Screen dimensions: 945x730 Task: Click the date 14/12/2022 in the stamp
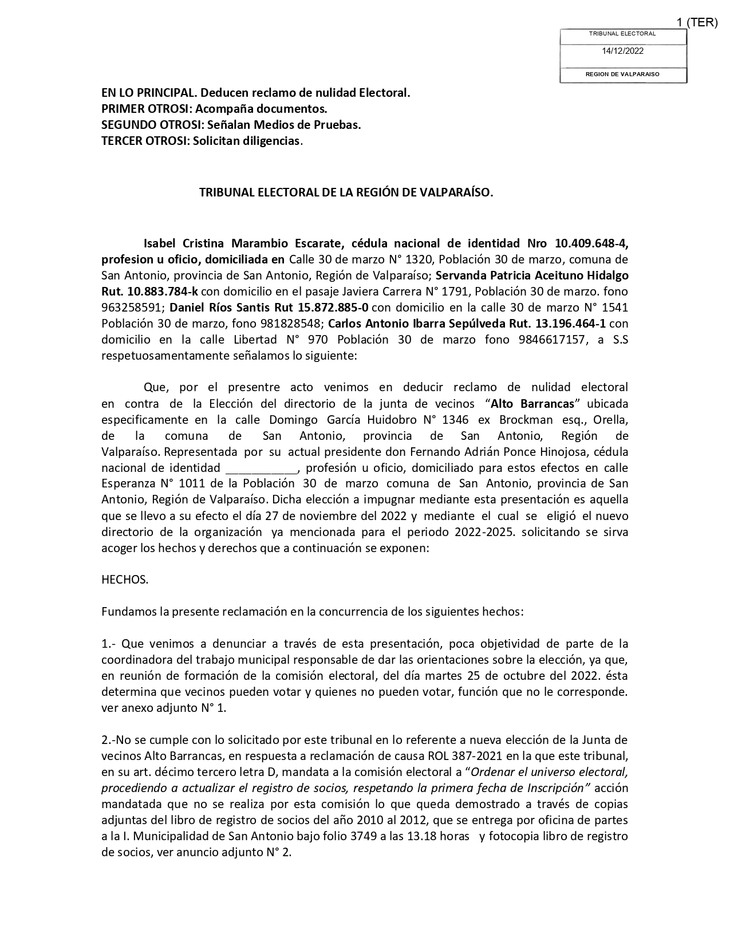(622, 51)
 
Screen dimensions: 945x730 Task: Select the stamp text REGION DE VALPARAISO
(622, 74)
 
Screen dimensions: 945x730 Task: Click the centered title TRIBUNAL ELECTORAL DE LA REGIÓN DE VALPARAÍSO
(346, 193)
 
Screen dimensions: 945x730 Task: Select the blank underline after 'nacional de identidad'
(262, 468)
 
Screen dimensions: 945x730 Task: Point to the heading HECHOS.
(125, 580)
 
